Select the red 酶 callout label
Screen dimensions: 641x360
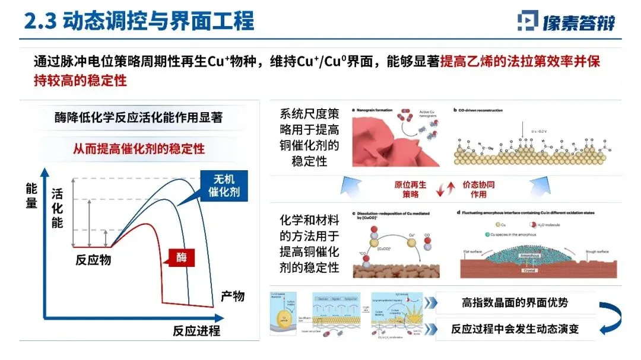182,257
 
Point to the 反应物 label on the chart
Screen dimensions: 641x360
93,260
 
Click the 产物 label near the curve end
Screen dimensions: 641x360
232,295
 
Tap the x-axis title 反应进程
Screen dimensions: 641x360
196,330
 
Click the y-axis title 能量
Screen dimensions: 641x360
31,196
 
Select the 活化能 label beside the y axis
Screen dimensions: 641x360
57,208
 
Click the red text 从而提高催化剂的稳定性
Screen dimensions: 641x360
138,148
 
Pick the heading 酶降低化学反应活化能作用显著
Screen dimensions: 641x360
138,117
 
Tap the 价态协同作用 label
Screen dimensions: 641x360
478,189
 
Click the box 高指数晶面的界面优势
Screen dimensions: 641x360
515,302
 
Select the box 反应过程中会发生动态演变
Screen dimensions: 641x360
515,329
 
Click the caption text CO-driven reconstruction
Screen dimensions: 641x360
484,110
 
